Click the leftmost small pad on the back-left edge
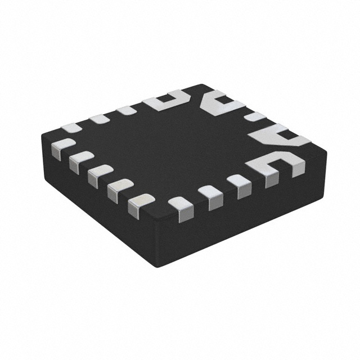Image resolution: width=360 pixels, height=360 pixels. point(72,127)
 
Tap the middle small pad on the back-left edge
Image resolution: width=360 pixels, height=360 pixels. point(99,118)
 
